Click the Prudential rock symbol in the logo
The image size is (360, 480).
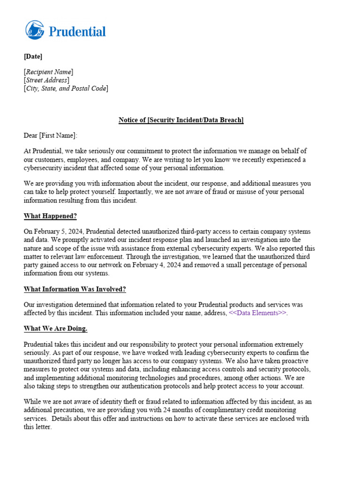click(35, 30)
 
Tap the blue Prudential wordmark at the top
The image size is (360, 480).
click(77, 31)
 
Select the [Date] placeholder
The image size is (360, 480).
click(33, 57)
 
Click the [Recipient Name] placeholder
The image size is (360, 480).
click(48, 72)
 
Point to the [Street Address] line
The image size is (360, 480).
click(46, 80)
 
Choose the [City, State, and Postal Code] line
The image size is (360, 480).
click(66, 88)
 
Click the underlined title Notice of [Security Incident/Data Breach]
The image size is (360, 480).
click(181, 120)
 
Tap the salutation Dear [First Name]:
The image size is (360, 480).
click(51, 136)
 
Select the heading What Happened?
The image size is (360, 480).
click(50, 216)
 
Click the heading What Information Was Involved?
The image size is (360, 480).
click(75, 289)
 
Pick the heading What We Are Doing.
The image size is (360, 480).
click(55, 328)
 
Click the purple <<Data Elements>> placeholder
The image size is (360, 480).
click(257, 313)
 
